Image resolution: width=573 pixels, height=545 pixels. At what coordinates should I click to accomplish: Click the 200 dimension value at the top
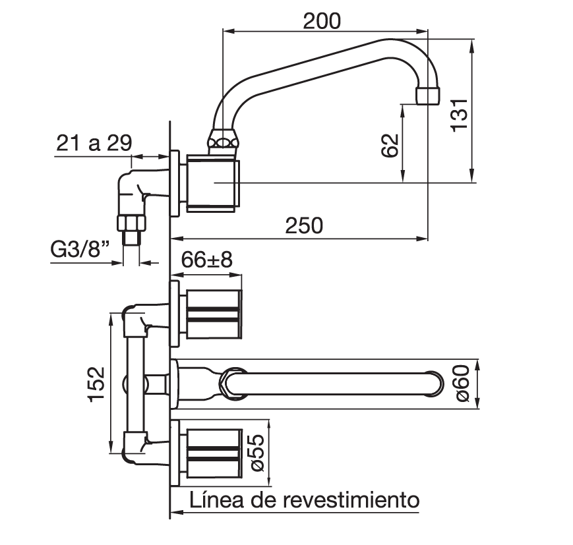pos(322,21)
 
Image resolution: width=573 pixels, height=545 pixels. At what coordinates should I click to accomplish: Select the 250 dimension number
pos(304,225)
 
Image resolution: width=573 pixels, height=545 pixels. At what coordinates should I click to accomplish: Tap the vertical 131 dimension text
pos(460,115)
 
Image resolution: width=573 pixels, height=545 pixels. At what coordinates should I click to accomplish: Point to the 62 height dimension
pos(390,145)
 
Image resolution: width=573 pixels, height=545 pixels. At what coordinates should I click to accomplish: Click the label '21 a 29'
pos(94,143)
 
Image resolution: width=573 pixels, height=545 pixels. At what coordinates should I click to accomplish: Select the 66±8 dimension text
pos(207,260)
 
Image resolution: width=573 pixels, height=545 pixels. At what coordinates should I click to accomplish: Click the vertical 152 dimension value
pos(96,384)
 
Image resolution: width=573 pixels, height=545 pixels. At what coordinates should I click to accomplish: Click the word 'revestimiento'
pos(351,500)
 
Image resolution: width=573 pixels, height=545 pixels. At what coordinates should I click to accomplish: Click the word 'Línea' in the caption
pos(216,500)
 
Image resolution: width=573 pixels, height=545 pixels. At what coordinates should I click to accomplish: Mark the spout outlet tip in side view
pos(428,96)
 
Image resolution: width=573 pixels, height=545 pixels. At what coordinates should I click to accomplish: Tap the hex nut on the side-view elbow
pos(132,223)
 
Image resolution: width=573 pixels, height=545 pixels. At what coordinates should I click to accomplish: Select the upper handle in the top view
pos(214,314)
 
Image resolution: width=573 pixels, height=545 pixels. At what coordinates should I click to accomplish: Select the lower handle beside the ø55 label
pos(214,453)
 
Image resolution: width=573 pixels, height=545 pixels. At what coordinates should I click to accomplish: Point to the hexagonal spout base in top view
pos(234,384)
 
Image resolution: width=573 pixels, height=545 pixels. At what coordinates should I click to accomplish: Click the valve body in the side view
pos(213,183)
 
